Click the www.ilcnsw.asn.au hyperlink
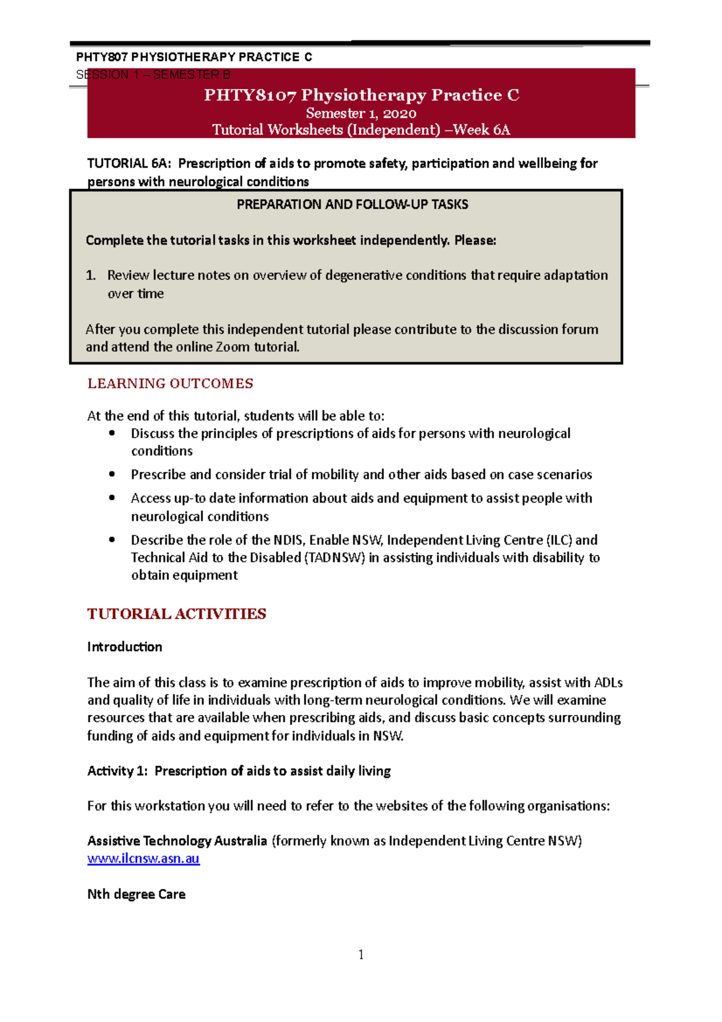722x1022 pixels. coord(143,858)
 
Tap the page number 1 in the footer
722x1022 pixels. coord(360,955)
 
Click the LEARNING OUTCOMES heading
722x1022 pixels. coord(170,383)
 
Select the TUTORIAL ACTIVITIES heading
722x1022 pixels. coord(176,614)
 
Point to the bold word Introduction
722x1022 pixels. coord(125,647)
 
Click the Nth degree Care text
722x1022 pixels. coord(136,894)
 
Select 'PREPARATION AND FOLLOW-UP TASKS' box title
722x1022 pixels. coord(352,205)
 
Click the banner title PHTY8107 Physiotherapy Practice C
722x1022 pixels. coord(361,95)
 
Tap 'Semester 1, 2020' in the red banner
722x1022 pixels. coord(361,113)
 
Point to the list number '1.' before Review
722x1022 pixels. coord(91,276)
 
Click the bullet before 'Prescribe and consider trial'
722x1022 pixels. coord(112,474)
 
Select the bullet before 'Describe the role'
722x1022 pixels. coord(112,540)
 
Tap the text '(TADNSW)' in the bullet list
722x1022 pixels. coord(335,558)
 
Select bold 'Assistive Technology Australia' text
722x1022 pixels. coord(177,841)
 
